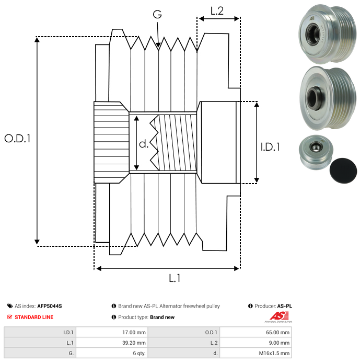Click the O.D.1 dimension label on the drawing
click(17, 139)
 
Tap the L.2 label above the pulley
click(217, 10)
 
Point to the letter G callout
click(157, 14)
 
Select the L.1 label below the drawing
click(175, 278)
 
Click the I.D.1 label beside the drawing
click(270, 147)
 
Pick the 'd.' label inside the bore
click(144, 144)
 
